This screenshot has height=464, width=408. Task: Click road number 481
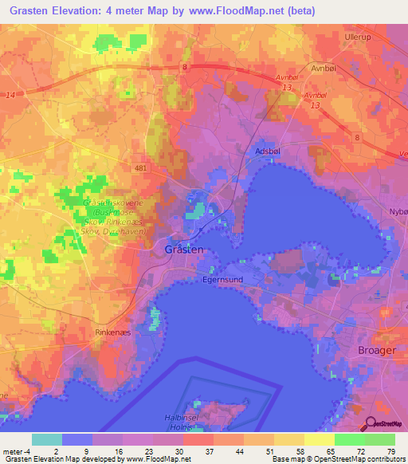[141, 169]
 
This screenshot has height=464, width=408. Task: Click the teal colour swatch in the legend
[47, 439]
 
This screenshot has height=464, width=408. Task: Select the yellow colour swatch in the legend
[319, 439]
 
